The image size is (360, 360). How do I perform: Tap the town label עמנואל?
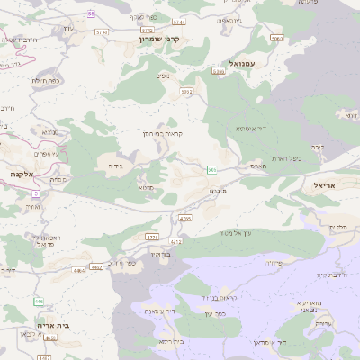244,65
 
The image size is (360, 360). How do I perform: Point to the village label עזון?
68,29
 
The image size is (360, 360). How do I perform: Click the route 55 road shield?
92,14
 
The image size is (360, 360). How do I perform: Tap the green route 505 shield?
211,169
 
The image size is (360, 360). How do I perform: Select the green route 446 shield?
39,301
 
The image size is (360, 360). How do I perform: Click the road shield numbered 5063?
276,39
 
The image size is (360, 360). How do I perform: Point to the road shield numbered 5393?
186,91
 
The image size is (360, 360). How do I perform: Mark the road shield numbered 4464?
79,268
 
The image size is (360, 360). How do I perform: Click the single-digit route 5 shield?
35,192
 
